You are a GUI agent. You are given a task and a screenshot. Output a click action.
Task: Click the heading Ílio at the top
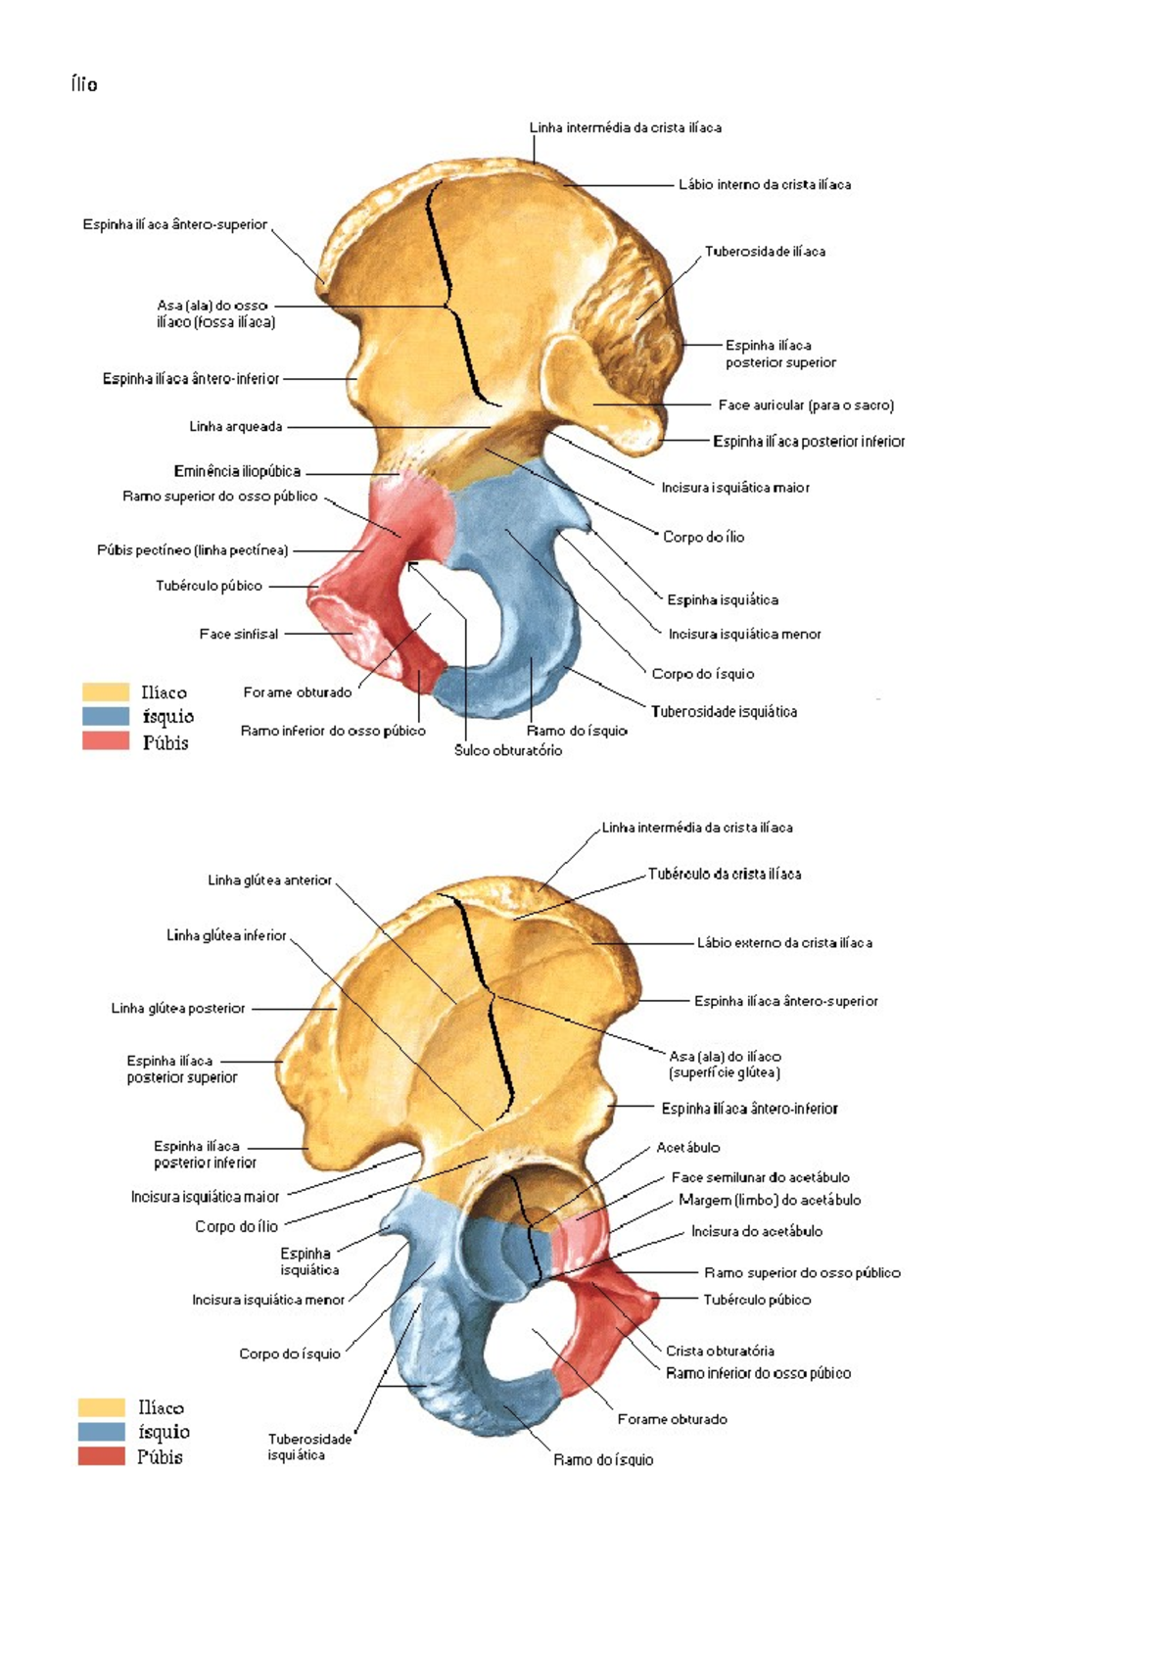(84, 84)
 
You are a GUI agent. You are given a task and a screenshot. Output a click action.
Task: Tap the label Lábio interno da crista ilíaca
(765, 185)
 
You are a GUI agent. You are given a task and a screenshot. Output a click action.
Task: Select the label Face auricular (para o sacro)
(806, 405)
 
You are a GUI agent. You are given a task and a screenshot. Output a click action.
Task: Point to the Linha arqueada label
(236, 427)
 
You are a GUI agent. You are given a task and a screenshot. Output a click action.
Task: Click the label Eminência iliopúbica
(238, 471)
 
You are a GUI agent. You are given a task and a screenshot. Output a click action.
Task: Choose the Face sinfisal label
(239, 634)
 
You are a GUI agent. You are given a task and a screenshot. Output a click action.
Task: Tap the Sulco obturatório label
(508, 750)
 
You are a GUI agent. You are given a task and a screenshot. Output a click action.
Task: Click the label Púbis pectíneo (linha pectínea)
(192, 550)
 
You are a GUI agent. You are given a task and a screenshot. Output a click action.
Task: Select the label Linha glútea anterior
(269, 880)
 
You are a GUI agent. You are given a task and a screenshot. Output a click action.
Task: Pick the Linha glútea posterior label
(178, 1008)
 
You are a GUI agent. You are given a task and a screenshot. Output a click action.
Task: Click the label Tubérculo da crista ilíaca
(725, 875)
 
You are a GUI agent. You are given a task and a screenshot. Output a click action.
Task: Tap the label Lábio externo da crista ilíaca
(784, 943)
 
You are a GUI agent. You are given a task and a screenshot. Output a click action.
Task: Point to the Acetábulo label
(688, 1148)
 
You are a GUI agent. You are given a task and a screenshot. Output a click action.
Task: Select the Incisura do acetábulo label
(757, 1232)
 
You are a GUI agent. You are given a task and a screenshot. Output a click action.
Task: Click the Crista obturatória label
(720, 1352)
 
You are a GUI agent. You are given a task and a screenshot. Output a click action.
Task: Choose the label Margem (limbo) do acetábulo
(770, 1201)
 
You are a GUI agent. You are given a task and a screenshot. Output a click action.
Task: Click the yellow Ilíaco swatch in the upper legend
(106, 692)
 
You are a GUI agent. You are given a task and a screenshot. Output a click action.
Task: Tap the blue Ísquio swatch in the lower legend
(102, 1432)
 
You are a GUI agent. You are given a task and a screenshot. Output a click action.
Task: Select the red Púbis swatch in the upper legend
(106, 741)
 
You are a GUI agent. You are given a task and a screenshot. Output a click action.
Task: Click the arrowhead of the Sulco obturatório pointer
(410, 566)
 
